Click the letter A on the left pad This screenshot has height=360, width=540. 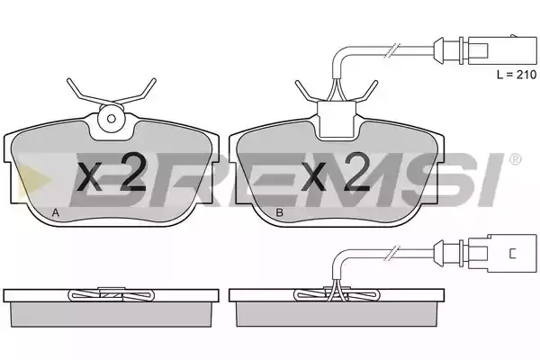tap(56, 213)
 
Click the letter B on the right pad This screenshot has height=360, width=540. tap(280, 213)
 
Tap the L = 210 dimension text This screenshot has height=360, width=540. tap(517, 75)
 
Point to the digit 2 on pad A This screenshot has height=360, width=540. tap(130, 172)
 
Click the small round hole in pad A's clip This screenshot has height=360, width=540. tap(111, 119)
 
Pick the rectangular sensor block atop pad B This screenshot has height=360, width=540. tap(336, 119)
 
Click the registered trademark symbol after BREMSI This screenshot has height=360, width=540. tap(515, 159)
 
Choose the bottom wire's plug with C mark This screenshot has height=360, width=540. tap(502, 253)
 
